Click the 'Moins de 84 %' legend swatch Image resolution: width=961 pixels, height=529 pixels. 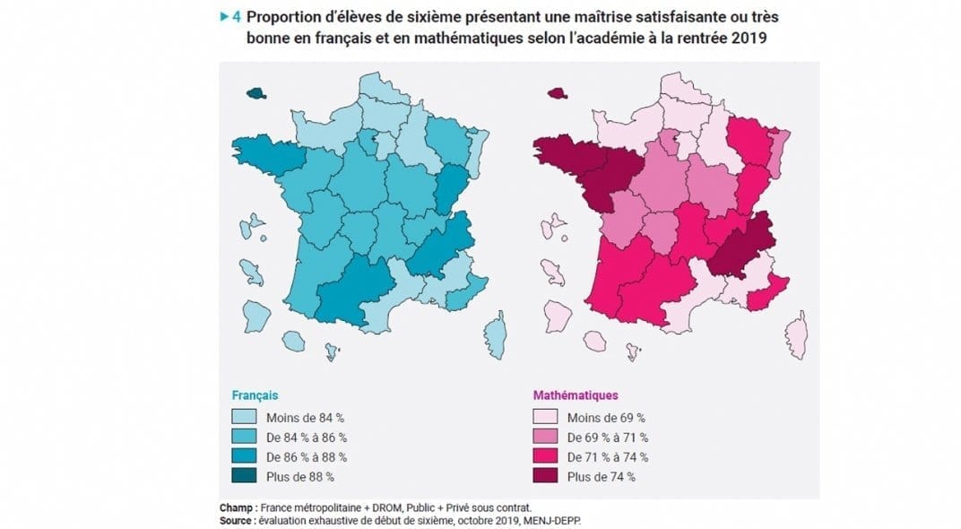(x=243, y=417)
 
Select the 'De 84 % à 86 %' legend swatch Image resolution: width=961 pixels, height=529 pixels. (x=243, y=437)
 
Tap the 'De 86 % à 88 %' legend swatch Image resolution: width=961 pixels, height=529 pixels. (x=243, y=456)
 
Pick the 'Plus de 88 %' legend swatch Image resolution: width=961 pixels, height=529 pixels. (x=243, y=476)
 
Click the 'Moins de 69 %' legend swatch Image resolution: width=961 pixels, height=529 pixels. (x=546, y=417)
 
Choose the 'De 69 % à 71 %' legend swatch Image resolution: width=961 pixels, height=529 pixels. (x=546, y=437)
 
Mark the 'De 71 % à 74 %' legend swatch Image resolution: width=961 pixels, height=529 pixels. (x=546, y=456)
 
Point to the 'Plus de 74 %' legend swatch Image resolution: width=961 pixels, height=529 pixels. (x=546, y=476)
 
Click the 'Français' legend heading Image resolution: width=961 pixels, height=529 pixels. (x=255, y=395)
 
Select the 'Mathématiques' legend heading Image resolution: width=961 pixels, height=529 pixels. (x=575, y=395)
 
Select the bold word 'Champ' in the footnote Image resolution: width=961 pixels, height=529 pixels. (x=235, y=507)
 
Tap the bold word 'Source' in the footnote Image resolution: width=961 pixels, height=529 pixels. (x=237, y=519)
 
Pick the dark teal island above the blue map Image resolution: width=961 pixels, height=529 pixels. (x=257, y=92)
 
